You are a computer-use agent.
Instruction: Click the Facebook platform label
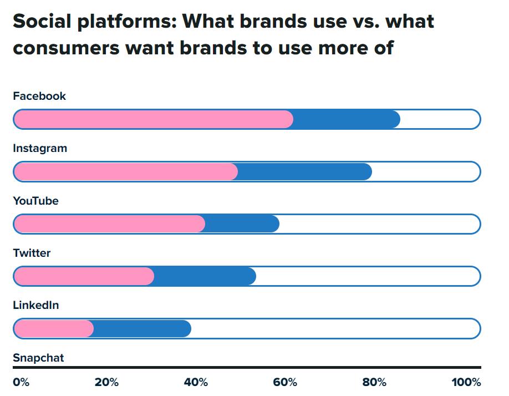point(39,96)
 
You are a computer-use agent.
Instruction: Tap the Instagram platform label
point(40,148)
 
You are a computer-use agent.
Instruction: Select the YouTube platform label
point(35,201)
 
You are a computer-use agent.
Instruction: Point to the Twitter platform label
point(32,253)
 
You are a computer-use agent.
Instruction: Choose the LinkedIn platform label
point(35,305)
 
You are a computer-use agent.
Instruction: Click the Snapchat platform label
point(38,358)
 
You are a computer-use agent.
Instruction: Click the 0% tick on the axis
point(21,382)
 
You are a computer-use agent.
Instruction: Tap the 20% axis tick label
point(106,382)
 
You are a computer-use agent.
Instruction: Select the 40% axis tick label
point(196,382)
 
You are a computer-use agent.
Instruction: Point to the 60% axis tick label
point(285,382)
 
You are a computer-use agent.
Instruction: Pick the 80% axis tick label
point(374,382)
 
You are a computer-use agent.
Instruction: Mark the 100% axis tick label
point(466,382)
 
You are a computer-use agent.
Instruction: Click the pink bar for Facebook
point(152,119)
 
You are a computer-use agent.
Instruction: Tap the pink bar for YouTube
point(109,224)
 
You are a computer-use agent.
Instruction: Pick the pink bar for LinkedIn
point(53,329)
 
